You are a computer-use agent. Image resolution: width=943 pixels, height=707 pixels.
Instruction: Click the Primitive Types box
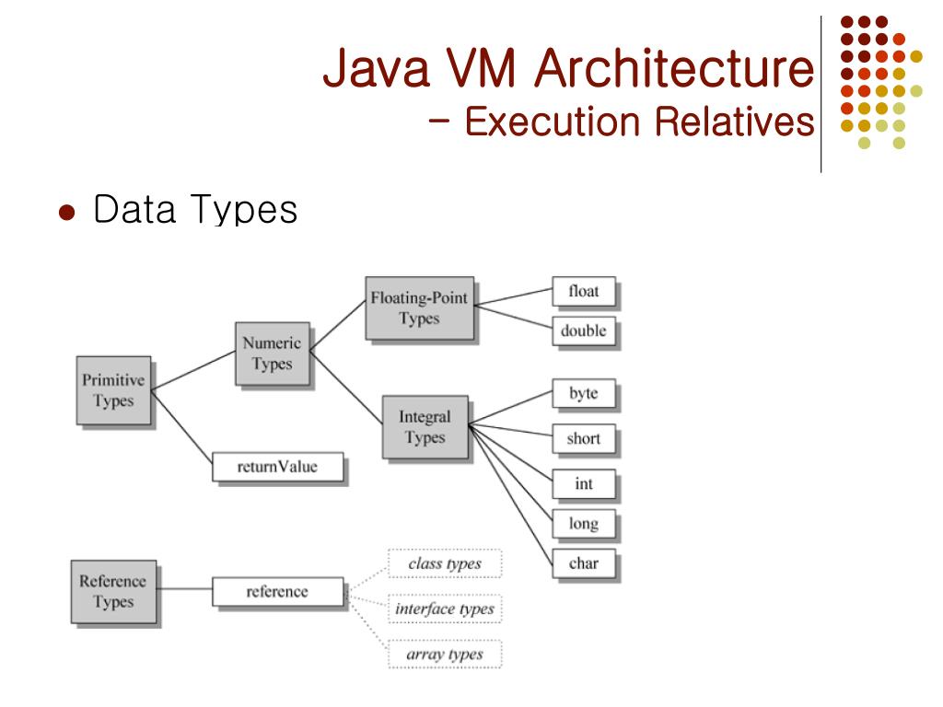pos(112,390)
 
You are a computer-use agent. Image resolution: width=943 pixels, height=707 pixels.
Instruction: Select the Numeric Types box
pos(271,353)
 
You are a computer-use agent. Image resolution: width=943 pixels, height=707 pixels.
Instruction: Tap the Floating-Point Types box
pos(418,308)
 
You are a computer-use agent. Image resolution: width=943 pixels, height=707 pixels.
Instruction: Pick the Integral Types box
pos(425,427)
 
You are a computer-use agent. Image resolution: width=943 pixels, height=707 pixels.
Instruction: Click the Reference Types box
pos(112,591)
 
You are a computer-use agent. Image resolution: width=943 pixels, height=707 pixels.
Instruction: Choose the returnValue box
pos(277,467)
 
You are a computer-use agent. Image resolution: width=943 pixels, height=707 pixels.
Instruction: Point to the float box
pos(584,292)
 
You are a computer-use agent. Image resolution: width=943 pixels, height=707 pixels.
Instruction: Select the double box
pos(584,330)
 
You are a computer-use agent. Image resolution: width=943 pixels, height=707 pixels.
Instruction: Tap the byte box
pos(584,394)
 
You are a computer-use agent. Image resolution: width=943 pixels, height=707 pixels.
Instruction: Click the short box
pos(584,438)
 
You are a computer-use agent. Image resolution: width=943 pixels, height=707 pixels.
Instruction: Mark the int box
pos(584,483)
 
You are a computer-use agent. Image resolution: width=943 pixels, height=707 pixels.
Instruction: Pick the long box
pos(584,524)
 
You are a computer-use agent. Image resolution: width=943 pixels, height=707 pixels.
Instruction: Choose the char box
pos(584,563)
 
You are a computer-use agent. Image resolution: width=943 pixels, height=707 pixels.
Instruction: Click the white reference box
pos(277,592)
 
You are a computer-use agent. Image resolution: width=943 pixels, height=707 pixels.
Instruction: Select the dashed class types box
pos(445,563)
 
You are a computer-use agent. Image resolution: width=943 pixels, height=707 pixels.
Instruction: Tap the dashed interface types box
pos(445,608)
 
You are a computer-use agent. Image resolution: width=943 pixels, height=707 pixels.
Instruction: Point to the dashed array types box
pos(445,655)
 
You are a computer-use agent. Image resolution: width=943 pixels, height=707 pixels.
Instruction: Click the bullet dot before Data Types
pos(65,212)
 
